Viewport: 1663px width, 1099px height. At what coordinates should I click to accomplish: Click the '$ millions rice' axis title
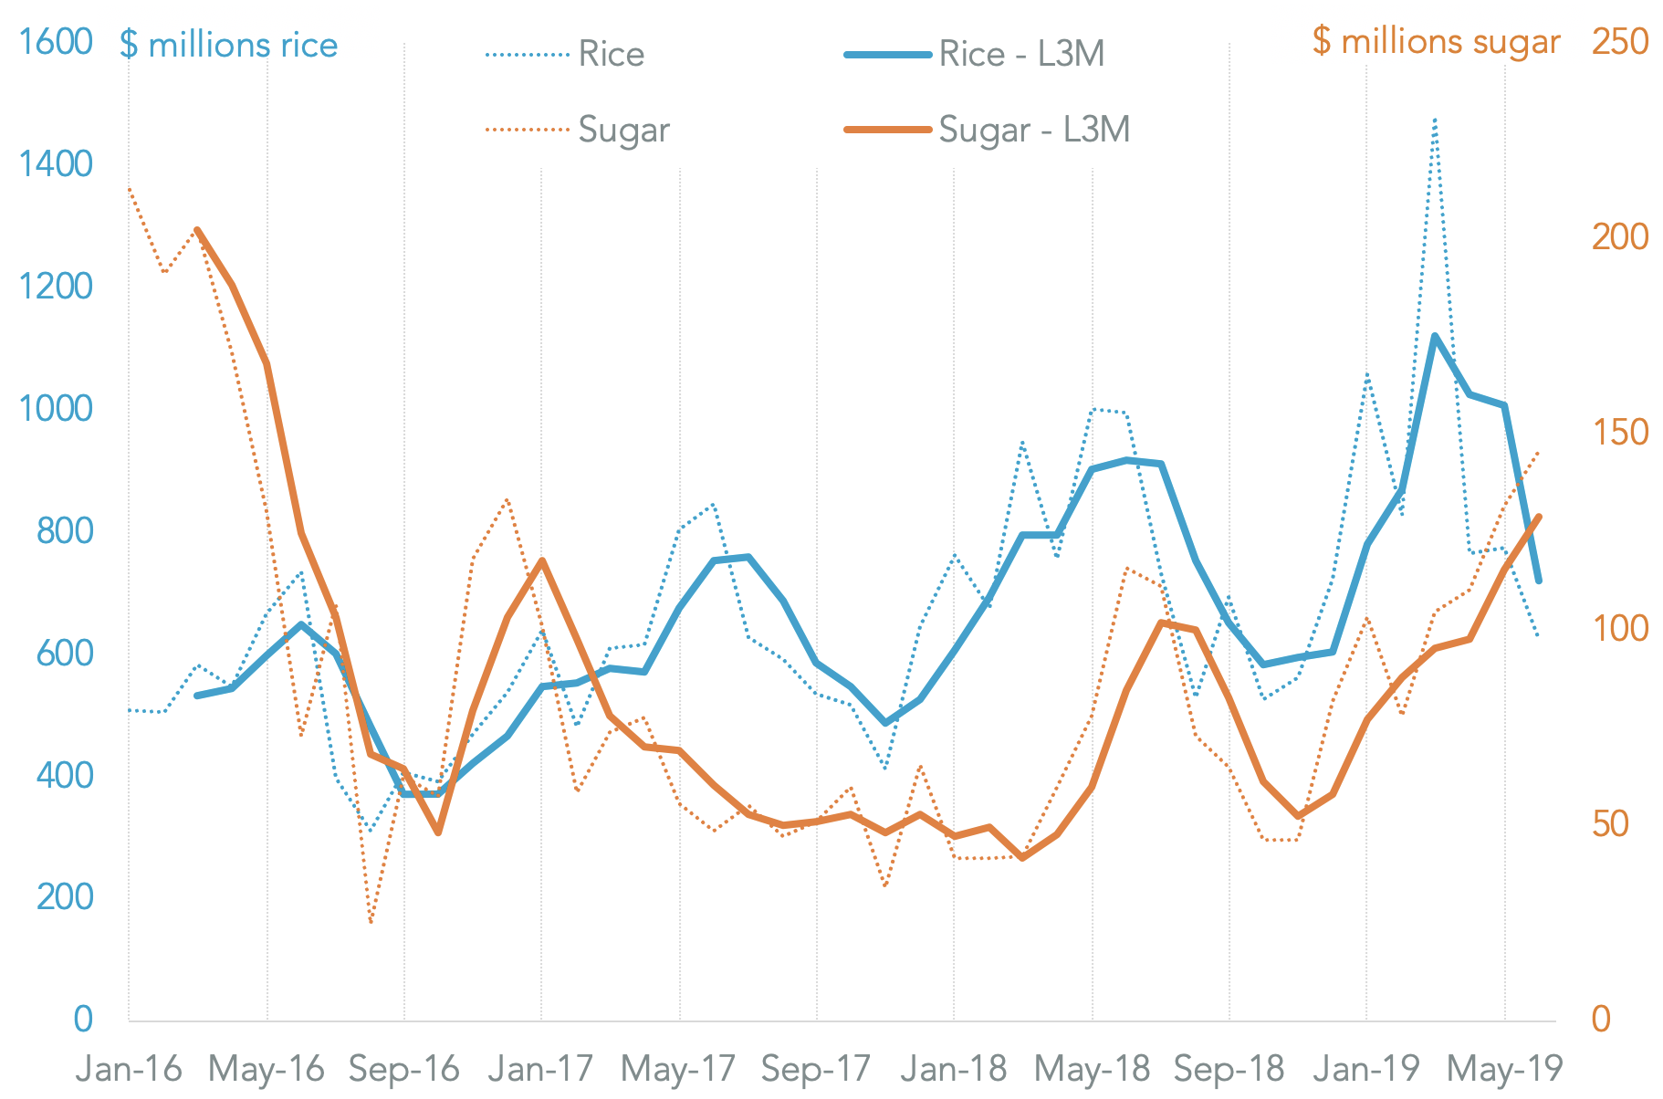(x=228, y=45)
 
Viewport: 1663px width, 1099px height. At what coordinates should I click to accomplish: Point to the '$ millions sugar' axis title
(x=1436, y=41)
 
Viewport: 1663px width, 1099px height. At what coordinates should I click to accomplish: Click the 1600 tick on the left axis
(x=56, y=42)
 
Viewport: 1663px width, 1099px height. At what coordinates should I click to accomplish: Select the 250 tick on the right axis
(x=1620, y=42)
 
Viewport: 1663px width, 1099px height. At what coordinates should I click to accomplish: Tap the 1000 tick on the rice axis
(x=56, y=408)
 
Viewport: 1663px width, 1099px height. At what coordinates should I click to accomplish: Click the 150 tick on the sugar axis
(x=1620, y=433)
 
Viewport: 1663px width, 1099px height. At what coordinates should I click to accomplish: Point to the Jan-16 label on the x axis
(x=129, y=1069)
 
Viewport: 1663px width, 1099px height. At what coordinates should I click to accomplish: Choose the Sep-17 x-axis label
(x=816, y=1069)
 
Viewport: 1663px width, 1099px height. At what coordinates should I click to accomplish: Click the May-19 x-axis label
(x=1504, y=1069)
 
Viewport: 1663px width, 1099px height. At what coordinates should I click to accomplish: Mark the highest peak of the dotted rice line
(x=1436, y=119)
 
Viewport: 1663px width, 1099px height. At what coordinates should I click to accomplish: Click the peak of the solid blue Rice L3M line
(x=1435, y=336)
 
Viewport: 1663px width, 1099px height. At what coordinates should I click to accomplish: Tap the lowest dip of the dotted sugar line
(x=371, y=923)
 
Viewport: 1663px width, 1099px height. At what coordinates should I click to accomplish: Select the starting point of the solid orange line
(x=197, y=230)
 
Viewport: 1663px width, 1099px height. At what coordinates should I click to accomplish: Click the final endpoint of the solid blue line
(x=1539, y=581)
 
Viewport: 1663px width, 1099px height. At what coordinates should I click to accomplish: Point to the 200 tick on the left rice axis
(x=65, y=897)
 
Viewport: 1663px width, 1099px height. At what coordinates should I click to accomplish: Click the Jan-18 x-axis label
(x=953, y=1069)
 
